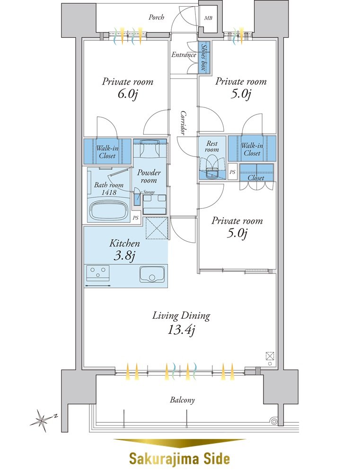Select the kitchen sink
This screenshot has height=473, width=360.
click(152, 274)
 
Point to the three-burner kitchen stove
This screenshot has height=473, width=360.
click(98, 273)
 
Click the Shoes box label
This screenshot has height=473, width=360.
click(204, 57)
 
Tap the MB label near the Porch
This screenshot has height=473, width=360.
click(208, 18)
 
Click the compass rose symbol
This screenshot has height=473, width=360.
click(41, 420)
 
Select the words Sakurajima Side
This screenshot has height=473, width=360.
click(179, 459)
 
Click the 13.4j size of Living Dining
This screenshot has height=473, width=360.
click(181, 330)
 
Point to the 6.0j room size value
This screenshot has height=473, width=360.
click(128, 95)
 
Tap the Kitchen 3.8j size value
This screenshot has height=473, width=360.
click(124, 256)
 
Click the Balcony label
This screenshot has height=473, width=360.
click(182, 400)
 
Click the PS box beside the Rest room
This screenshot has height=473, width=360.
click(232, 172)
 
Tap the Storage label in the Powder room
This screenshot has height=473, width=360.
click(149, 192)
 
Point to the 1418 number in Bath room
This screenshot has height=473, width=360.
click(109, 192)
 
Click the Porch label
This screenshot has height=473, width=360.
click(156, 17)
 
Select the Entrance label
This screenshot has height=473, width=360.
click(184, 54)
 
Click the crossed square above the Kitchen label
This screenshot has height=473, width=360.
click(157, 228)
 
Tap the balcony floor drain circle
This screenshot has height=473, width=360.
click(274, 421)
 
